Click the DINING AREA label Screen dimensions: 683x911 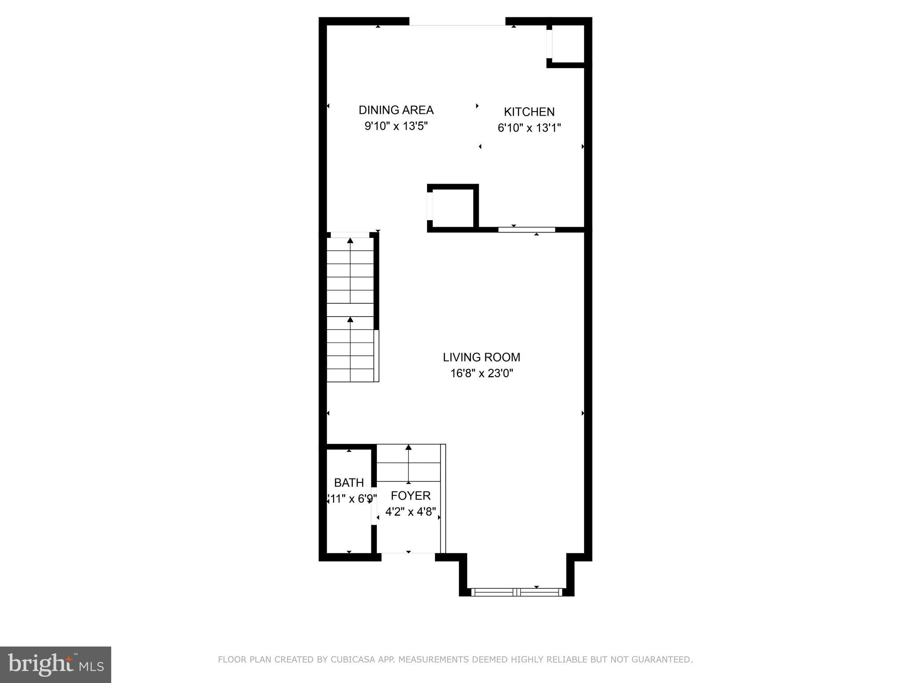click(396, 110)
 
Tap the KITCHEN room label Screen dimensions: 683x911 click(529, 112)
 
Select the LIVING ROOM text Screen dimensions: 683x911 click(481, 357)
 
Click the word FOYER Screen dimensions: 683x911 click(411, 496)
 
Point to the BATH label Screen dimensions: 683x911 click(349, 482)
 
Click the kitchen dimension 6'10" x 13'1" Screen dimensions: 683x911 click(529, 128)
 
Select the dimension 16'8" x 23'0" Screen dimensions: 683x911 click(482, 374)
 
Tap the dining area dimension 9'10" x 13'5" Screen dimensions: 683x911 click(396, 126)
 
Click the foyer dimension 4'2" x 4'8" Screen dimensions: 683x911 click(411, 512)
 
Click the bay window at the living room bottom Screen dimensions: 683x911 click(516, 592)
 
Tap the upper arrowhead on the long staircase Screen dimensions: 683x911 click(350, 241)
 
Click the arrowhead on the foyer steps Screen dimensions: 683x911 click(408, 447)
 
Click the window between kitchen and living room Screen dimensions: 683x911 click(527, 229)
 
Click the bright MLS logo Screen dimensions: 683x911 click(56, 664)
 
